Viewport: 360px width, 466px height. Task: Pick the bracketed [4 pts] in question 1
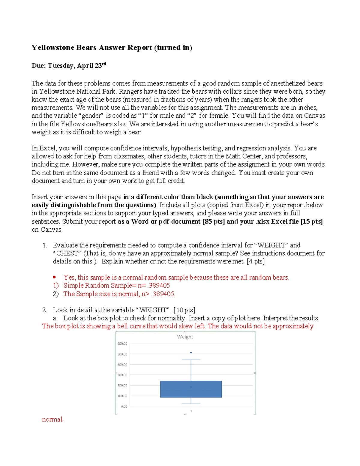256,261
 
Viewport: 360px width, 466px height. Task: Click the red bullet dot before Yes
54,277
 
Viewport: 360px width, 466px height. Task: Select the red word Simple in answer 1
73,286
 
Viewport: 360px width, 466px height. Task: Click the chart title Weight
185,337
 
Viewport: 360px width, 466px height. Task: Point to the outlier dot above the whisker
191,353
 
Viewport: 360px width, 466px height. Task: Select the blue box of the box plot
191,389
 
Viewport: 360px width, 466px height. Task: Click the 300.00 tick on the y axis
122,375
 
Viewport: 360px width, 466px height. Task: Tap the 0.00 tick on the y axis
124,406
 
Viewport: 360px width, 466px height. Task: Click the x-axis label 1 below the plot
191,411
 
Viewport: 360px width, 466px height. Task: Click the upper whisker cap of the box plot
191,359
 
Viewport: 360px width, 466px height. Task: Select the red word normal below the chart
52,419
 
